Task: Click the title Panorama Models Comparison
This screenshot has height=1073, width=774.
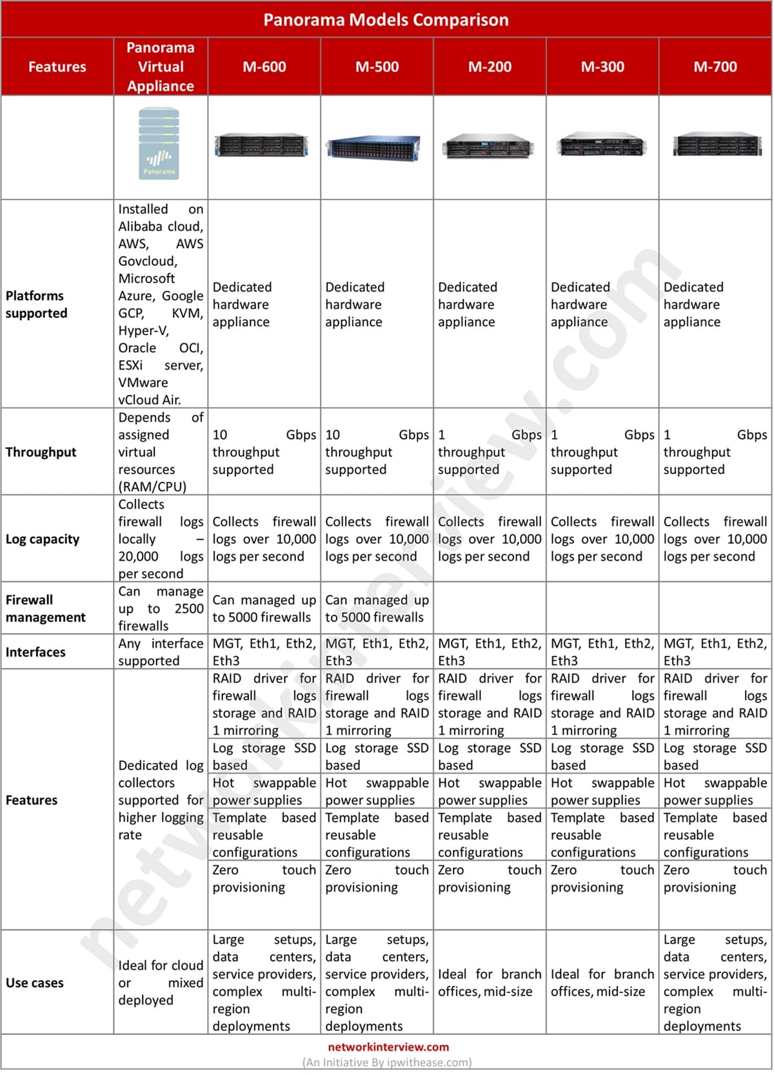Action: coord(386,20)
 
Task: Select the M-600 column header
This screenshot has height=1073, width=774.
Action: coord(264,66)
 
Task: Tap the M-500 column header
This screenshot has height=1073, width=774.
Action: coord(377,66)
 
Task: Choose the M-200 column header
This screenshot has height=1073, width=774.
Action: coord(490,66)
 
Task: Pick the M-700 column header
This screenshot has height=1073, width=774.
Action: coord(715,66)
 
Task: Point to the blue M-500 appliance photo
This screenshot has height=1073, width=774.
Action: coord(373,148)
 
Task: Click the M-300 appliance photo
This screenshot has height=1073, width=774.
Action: coord(602,145)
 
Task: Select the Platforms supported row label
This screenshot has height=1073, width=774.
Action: coord(37,305)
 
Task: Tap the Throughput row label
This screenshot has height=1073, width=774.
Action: coord(41,452)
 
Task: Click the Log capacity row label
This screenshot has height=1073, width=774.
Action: coord(43,539)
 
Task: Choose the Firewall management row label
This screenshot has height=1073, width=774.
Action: coord(45,608)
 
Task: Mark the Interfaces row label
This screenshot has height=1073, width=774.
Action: coord(35,652)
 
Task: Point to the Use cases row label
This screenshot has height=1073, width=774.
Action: coord(35,983)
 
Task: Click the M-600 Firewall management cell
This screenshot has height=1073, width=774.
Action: coord(264,608)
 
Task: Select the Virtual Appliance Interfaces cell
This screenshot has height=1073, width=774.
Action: coord(161,652)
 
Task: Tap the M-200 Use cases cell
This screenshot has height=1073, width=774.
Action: coord(490,983)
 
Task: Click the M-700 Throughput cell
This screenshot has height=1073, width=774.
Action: coord(715,452)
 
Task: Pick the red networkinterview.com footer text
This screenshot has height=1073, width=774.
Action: coord(388,1047)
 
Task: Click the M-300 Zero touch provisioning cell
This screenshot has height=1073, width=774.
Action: coord(602,879)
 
